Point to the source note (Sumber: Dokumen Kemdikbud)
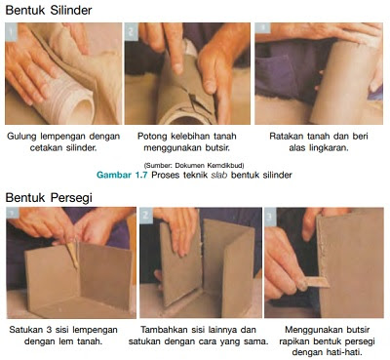coord(193,163)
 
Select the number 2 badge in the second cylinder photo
coord(132,29)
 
